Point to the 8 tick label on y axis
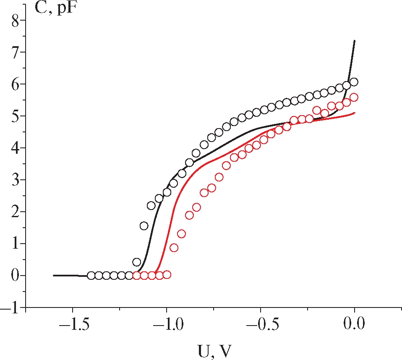click(16, 21)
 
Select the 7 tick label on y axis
click(16, 53)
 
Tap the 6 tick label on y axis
click(16, 84)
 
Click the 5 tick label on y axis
click(16, 116)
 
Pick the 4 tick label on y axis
click(16, 148)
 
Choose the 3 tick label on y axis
click(16, 180)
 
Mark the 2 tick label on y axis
click(16, 212)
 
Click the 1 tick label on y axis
click(16, 244)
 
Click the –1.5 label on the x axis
click(72, 324)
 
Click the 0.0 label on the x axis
click(355, 324)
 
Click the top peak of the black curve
click(355, 41)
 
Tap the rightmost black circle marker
click(354, 82)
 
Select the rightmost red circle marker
click(354, 97)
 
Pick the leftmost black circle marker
click(91, 276)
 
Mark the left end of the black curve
click(54, 275)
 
